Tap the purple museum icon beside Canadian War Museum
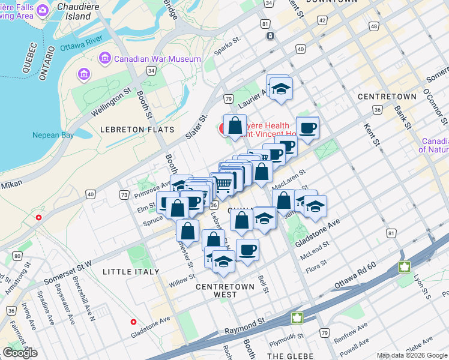[x=106, y=59]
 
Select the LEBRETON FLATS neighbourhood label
[x=137, y=129]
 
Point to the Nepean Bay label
[x=53, y=135]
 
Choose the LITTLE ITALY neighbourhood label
[x=131, y=272]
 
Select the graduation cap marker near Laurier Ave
[x=279, y=87]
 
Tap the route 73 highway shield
[x=124, y=195]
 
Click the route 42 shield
[x=322, y=20]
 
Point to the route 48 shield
[x=375, y=26]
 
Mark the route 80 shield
[x=17, y=257]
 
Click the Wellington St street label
[x=111, y=102]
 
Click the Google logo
[x=20, y=353]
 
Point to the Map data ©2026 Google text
[x=412, y=356]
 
